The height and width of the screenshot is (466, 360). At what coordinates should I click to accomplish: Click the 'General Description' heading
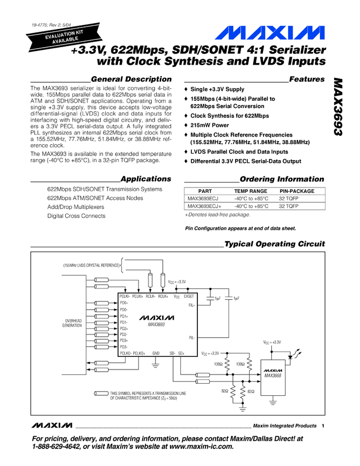tap(128, 79)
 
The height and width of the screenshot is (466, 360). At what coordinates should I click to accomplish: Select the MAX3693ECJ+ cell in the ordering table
tap(204, 206)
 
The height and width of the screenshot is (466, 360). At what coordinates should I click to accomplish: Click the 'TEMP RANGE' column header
tap(251, 191)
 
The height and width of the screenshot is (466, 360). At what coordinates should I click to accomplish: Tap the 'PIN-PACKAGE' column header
tap(297, 191)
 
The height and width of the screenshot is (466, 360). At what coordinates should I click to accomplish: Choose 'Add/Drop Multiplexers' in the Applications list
tap(75, 207)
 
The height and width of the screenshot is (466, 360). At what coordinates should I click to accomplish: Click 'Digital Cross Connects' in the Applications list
tap(76, 216)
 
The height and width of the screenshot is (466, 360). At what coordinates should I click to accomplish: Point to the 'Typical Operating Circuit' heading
tap(275, 244)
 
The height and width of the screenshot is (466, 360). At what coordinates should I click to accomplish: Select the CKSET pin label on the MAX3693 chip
tap(190, 296)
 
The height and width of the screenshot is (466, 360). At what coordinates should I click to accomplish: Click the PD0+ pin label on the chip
tap(124, 303)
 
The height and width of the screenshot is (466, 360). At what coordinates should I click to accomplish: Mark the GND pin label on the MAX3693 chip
tap(156, 353)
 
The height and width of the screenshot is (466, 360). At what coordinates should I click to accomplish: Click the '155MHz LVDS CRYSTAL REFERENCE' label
tap(91, 265)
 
